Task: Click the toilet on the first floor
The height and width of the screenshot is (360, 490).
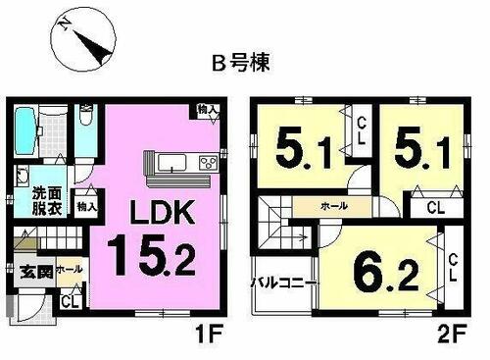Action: [85, 123]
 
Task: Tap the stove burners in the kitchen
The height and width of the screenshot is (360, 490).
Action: [208, 162]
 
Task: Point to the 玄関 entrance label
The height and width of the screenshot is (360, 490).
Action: [29, 269]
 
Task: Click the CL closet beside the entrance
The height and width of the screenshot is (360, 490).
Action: [68, 301]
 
